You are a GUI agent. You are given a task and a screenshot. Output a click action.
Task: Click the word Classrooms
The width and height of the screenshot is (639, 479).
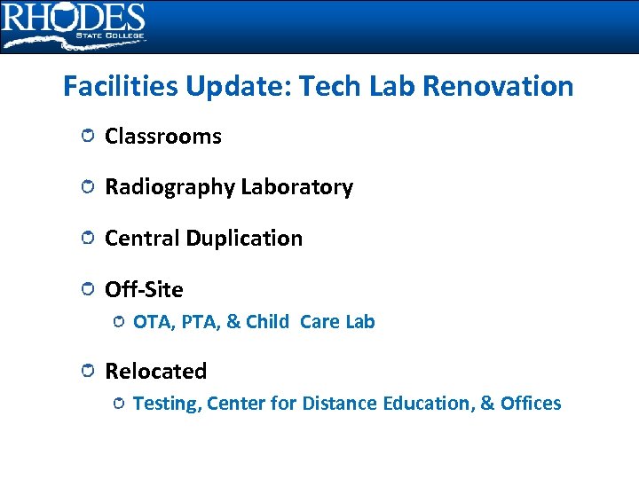pos(162,137)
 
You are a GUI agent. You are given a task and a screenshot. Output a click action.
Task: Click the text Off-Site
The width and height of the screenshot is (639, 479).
pos(144,290)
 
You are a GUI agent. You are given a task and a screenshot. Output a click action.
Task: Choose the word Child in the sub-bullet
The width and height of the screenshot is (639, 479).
pos(267,322)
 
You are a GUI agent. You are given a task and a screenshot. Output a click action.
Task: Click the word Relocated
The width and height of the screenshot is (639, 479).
pos(155,372)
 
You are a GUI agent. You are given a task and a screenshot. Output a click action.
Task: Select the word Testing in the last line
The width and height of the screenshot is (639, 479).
pos(168,404)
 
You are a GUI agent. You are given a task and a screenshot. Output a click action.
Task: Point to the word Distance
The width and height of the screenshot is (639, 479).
pos(341,404)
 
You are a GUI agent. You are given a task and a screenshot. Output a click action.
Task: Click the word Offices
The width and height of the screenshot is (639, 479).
pos(531,404)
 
